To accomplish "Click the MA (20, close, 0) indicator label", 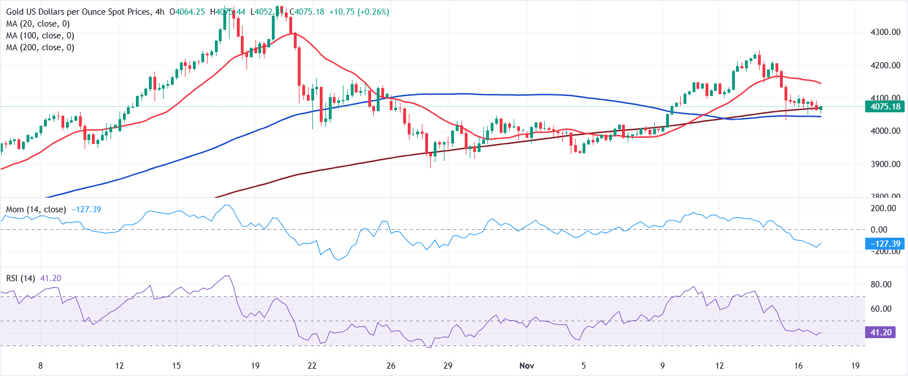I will pos(38,24).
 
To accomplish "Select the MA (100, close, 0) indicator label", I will pos(40,36).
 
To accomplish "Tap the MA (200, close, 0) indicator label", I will pos(40,47).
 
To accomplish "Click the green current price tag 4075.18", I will pos(885,107).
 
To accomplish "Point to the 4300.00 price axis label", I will pos(885,32).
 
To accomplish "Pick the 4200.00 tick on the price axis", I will pos(885,65).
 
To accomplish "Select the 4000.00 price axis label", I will pos(885,131).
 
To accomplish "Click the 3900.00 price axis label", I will pos(885,164).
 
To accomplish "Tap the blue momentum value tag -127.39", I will pos(885,244).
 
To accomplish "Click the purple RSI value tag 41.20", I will pos(881,333).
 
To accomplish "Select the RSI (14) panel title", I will pos(21,278).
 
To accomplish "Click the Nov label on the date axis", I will pos(527,365).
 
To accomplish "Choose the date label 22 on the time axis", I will pos(312,365).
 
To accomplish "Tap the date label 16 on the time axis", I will pos(799,365).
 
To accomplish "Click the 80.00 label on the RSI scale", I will pos(881,285).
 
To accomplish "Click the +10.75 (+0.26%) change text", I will pos(359,12).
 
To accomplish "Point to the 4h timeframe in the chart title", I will pos(160,12).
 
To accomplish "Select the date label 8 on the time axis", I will pos(41,365).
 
